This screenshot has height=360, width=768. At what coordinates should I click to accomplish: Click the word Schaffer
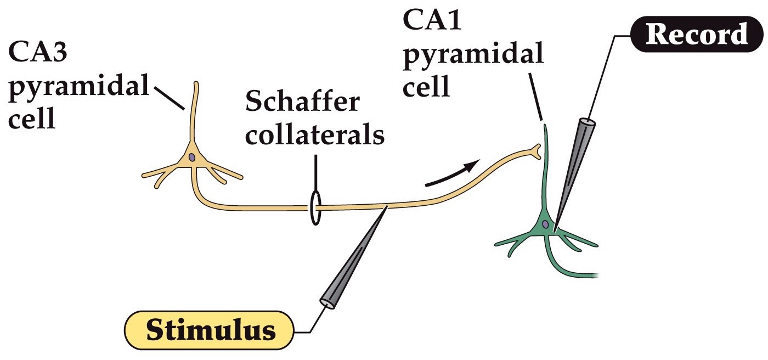pos(302,103)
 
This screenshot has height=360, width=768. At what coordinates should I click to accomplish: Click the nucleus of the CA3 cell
pos(191,157)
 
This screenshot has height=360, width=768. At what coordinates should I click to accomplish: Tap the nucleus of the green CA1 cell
pos(545,224)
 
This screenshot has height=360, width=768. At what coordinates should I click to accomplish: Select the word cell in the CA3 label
pos(31,117)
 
